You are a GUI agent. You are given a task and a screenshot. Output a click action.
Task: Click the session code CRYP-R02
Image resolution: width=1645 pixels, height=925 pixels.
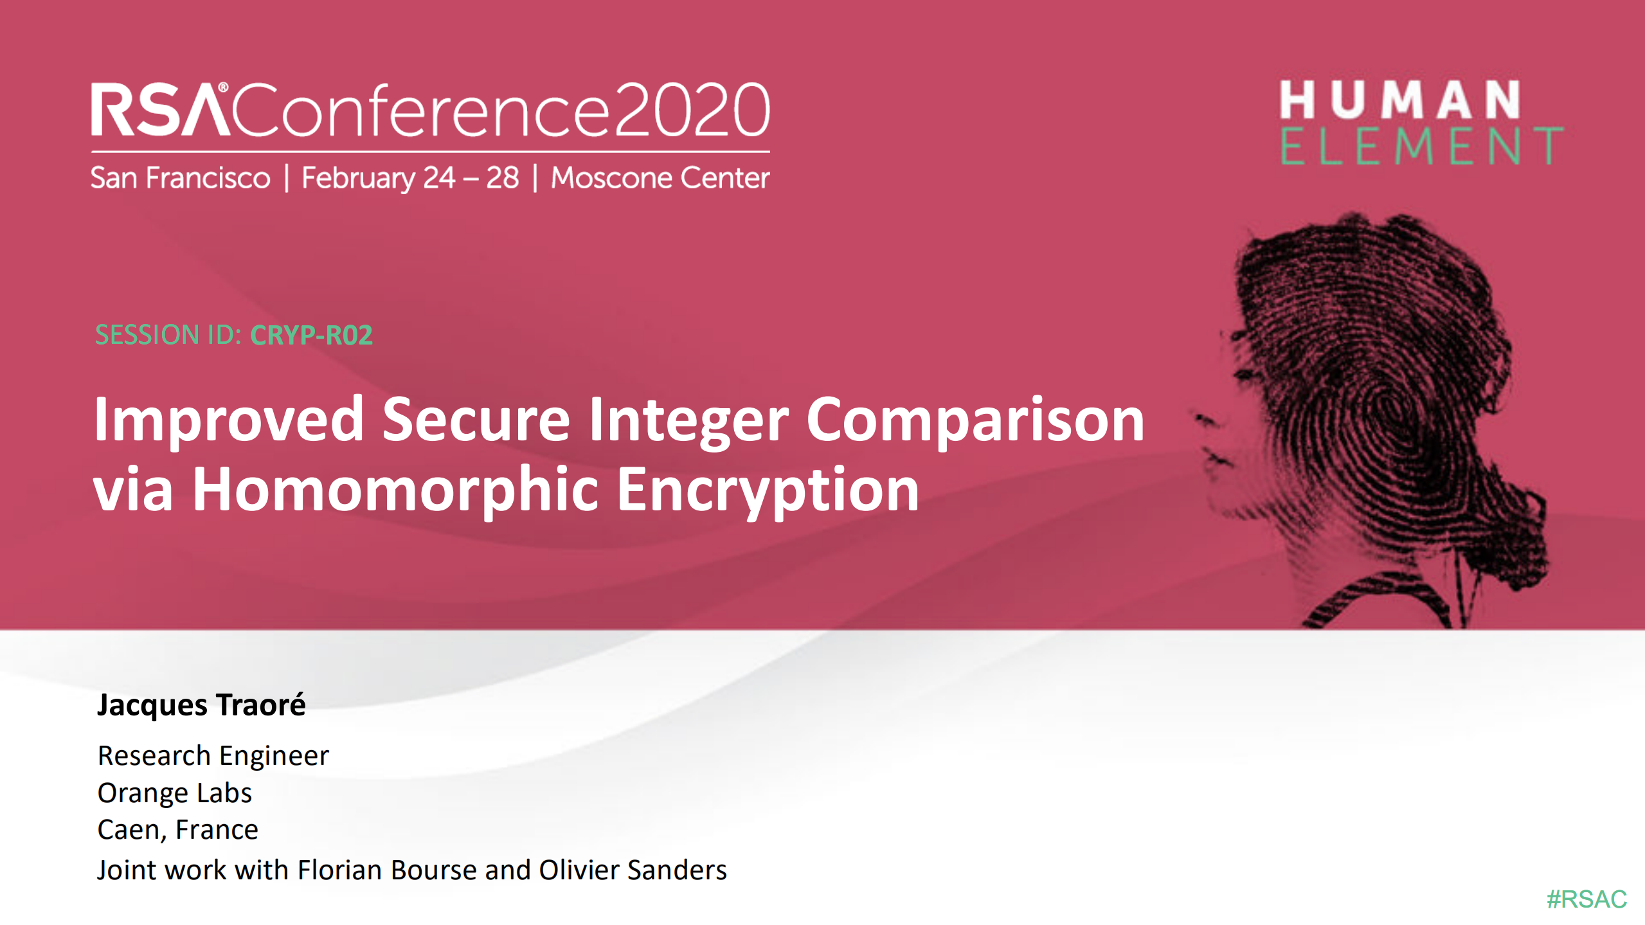point(311,335)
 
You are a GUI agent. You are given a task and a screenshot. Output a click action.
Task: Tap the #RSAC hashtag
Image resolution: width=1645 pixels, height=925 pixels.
point(1587,899)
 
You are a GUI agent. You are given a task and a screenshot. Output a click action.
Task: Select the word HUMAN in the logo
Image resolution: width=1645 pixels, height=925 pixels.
point(1399,100)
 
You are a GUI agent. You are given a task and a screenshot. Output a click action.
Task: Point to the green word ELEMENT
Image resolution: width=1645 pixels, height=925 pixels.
point(1421,147)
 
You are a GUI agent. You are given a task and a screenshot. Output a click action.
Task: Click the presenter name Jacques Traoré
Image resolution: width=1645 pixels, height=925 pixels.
point(201,705)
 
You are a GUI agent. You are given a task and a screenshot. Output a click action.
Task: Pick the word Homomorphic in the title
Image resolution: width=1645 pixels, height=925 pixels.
point(395,490)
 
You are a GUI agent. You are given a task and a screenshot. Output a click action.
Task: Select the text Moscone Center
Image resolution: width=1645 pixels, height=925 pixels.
point(660,178)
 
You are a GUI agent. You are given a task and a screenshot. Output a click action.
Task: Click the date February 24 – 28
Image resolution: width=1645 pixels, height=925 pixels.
point(410,178)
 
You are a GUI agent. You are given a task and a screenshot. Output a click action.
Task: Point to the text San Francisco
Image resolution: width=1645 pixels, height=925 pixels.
point(181,178)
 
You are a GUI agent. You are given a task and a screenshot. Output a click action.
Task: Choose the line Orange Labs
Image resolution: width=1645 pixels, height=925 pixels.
point(174,793)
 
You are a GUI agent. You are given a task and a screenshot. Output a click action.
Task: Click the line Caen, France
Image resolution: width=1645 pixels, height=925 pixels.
point(177,830)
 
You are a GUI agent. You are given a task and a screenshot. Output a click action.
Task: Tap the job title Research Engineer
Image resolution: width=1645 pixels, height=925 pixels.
point(213,756)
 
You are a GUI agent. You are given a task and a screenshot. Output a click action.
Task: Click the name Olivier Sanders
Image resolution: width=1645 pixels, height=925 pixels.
point(633,870)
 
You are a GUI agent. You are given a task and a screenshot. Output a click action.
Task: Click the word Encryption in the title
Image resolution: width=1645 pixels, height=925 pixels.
point(768,490)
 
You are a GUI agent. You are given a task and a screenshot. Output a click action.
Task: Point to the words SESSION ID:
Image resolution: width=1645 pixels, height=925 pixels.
point(168,335)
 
